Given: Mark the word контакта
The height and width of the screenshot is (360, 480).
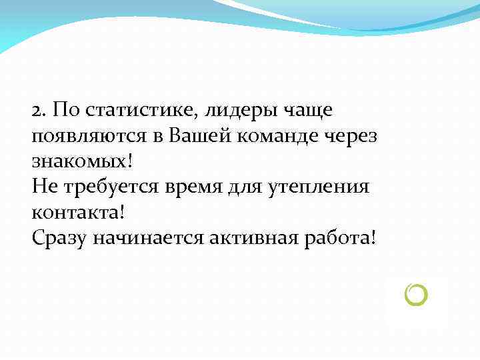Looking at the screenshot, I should (74, 213).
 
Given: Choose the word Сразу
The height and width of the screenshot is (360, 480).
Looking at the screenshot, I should (59, 238).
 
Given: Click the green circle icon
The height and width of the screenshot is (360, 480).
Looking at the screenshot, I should (415, 294).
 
